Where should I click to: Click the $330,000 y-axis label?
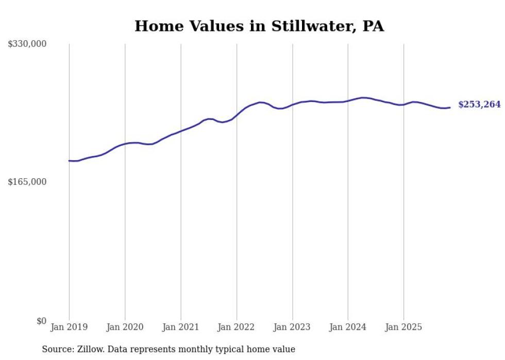point(27,44)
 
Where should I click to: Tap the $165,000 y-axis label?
point(27,182)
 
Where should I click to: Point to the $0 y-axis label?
point(41,321)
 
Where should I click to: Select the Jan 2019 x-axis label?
point(69,327)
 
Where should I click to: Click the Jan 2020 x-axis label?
point(125,327)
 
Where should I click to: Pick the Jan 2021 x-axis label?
point(180,327)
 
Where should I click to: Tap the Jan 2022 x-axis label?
point(237,327)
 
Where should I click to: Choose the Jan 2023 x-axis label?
point(292,327)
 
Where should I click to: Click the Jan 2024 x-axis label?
point(348,327)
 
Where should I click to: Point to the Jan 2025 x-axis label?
point(403,327)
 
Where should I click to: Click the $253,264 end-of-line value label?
point(479,105)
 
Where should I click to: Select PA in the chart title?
point(373,26)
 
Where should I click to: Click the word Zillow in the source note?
point(91,349)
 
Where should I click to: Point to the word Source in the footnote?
point(57,349)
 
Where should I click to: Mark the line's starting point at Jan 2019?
point(69,161)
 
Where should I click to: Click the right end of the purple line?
point(450,108)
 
